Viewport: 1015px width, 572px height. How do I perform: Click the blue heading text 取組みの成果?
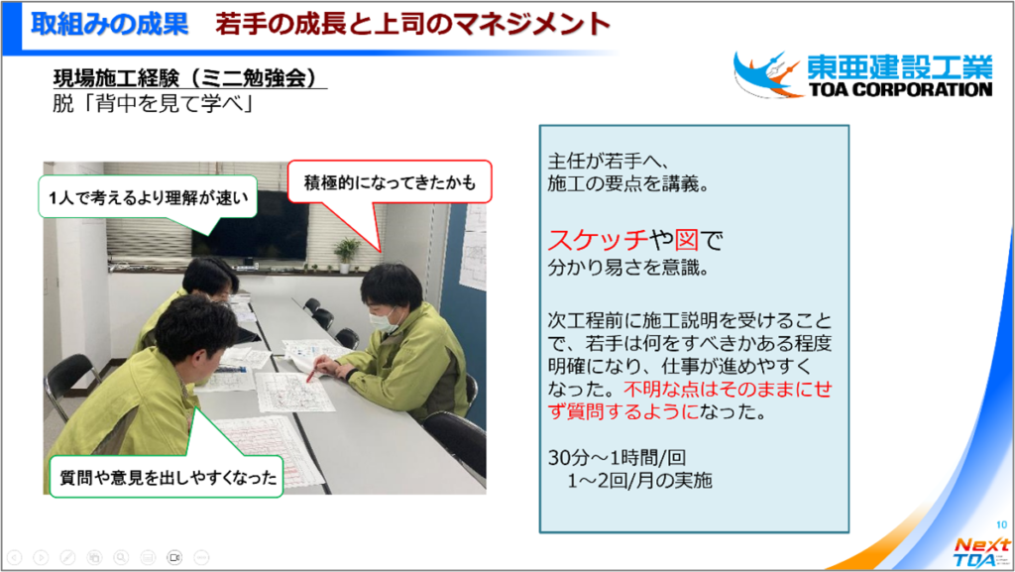109,25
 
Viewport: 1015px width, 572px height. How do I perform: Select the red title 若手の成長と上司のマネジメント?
413,25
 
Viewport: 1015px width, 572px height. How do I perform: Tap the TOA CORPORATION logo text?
900,89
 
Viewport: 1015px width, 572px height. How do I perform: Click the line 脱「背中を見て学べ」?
153,103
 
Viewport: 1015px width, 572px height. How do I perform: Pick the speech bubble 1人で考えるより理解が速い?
149,197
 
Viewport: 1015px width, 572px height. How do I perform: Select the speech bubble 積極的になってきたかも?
390,183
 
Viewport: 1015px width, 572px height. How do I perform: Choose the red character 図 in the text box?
687,240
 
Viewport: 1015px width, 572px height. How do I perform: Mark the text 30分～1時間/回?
617,457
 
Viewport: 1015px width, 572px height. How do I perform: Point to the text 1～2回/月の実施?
639,480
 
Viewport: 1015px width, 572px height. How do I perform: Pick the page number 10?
1001,524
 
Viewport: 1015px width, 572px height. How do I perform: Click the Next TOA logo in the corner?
980,552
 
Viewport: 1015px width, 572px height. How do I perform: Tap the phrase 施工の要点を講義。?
628,183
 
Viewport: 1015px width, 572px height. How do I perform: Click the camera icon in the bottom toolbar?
174,557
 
